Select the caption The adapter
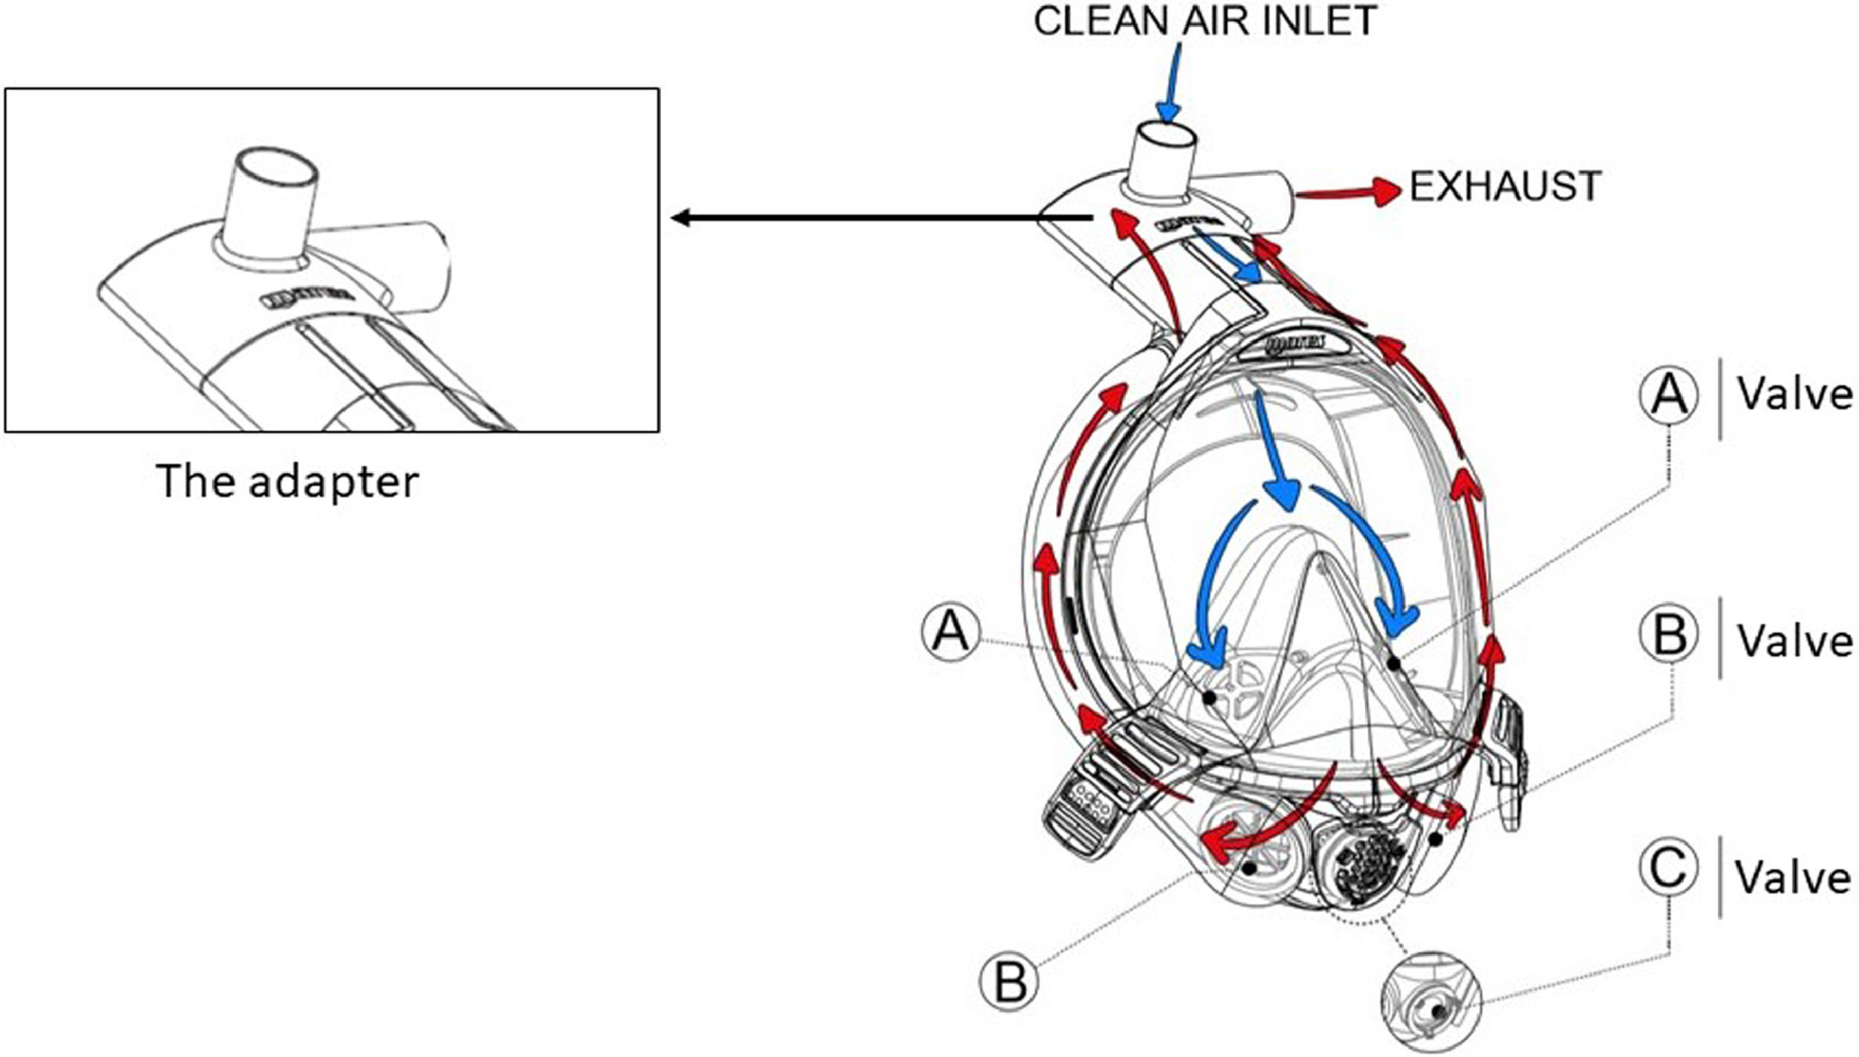coord(288,481)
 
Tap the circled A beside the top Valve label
coord(1669,395)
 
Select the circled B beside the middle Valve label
coord(1669,636)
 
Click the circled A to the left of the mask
coord(950,633)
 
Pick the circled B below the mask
coord(1009,981)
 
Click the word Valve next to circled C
coord(1793,878)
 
